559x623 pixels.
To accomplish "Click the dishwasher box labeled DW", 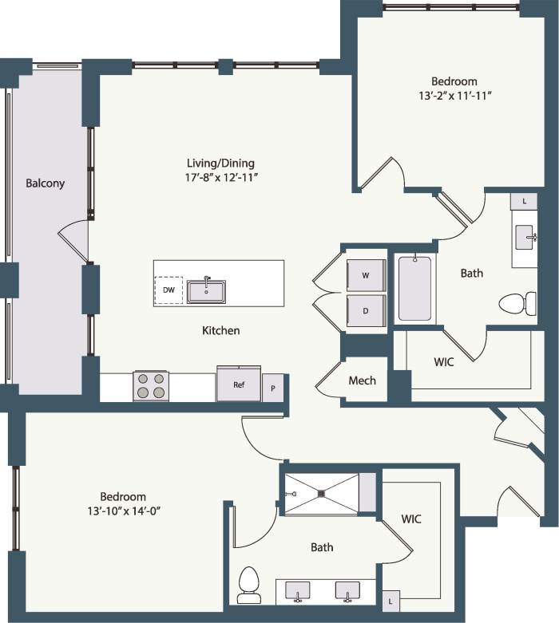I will [x=168, y=290].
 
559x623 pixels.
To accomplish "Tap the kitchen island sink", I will [x=207, y=291].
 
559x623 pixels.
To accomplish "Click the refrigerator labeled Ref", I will [x=239, y=384].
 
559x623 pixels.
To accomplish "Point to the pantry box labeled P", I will [x=273, y=388].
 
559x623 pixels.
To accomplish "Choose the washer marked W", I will [x=366, y=275].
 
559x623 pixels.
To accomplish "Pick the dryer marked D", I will [x=366, y=310].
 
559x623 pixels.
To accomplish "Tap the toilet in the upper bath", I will [x=517, y=303].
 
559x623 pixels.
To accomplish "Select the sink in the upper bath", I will [x=525, y=237].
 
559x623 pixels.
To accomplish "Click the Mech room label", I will [x=362, y=381].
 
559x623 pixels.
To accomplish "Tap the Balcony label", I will [x=45, y=183].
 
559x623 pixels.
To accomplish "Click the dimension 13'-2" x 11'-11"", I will [x=454, y=96].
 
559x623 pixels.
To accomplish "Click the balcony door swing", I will [x=73, y=241].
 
